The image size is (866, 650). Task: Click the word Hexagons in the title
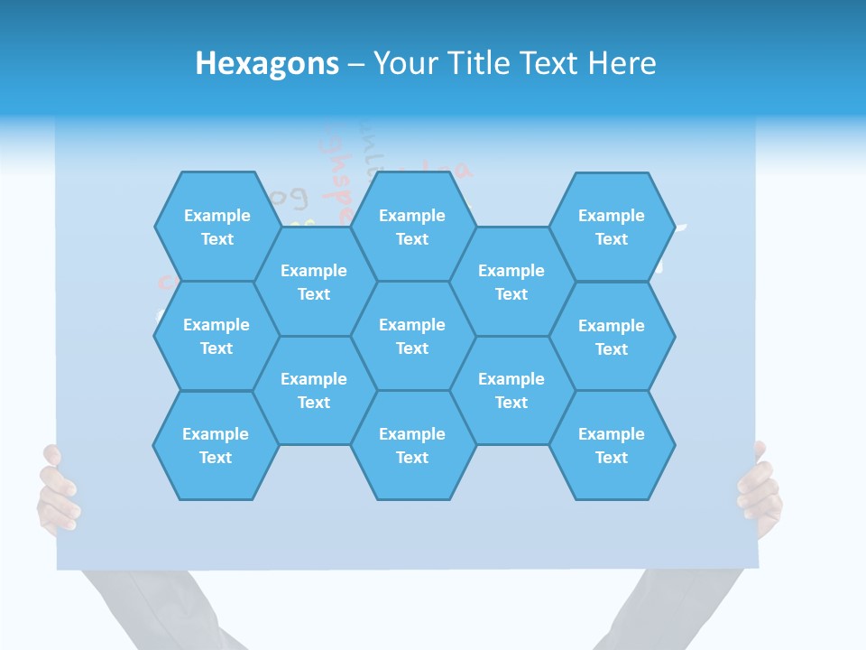[x=267, y=63]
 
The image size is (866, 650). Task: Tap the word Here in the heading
[x=622, y=63]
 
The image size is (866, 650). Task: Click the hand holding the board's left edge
[x=57, y=492]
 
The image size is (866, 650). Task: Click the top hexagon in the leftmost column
[x=216, y=227]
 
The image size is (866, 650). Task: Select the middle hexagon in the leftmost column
[x=216, y=336]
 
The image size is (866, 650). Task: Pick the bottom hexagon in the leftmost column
[x=216, y=445]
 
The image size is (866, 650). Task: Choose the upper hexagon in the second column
[x=314, y=282]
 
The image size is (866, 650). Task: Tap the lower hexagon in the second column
[x=314, y=390]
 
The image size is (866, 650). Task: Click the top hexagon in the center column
[x=412, y=227]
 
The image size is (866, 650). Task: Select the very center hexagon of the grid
[x=412, y=336]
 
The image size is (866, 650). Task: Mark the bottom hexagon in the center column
[x=412, y=445]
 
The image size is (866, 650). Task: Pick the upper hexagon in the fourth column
[x=511, y=282]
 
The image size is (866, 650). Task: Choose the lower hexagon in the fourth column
[x=511, y=390]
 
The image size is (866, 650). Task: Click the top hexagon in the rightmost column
[x=612, y=227]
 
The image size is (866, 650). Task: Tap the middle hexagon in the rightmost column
[x=612, y=337]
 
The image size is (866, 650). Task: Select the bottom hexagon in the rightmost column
[x=612, y=445]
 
